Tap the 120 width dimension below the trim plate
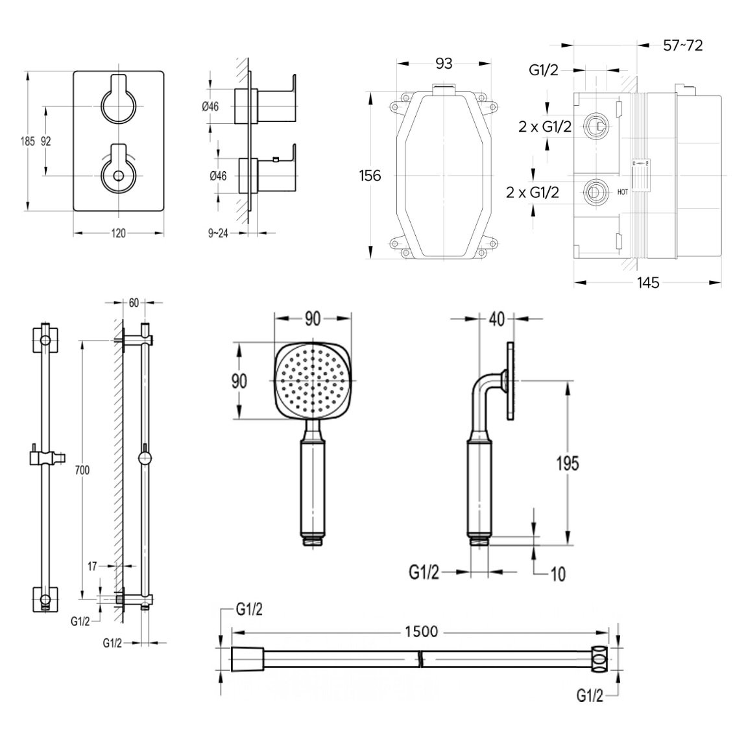pyautogui.click(x=117, y=233)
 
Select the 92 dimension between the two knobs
pyautogui.click(x=46, y=141)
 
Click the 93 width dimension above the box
pyautogui.click(x=444, y=63)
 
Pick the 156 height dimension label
pyautogui.click(x=370, y=175)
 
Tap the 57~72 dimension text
pyautogui.click(x=683, y=45)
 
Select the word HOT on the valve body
pyautogui.click(x=622, y=192)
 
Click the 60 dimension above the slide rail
pyautogui.click(x=134, y=302)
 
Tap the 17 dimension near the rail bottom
pyautogui.click(x=93, y=566)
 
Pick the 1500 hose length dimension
pyautogui.click(x=421, y=631)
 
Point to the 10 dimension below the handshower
pyautogui.click(x=557, y=573)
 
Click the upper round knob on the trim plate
pyautogui.click(x=118, y=104)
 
